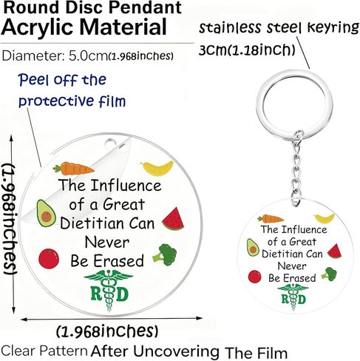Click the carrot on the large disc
click(73, 168)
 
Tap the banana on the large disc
click(157, 168)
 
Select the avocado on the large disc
click(46, 213)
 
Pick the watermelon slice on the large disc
click(174, 219)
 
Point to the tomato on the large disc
click(49, 258)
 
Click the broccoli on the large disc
click(165, 254)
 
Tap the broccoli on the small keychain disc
click(329, 274)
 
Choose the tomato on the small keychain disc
click(254, 277)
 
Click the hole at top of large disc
click(110, 143)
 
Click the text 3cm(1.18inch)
click(247, 50)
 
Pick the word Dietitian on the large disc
click(92, 223)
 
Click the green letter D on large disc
click(123, 294)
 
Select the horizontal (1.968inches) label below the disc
click(107, 331)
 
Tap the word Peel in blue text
click(33, 80)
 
